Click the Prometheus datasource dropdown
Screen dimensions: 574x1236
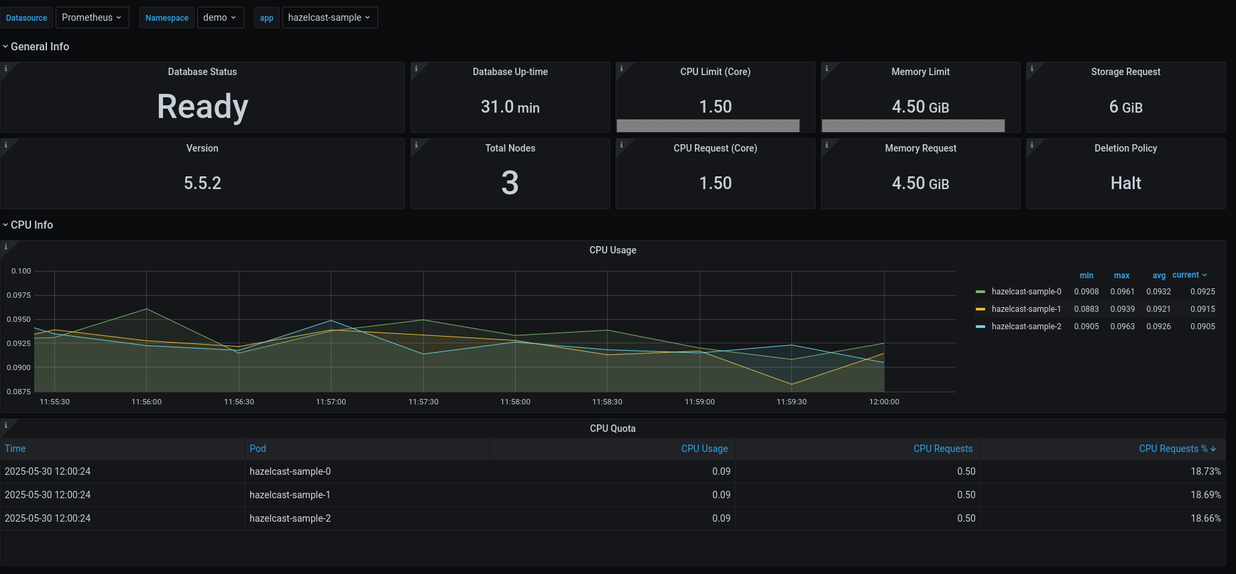91,17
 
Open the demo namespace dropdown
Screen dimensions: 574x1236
219,17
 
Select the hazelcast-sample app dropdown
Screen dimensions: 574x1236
329,17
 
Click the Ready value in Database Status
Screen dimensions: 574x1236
203,107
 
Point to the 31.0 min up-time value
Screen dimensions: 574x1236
510,107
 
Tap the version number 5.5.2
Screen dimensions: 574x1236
203,183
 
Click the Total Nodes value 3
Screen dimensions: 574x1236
510,183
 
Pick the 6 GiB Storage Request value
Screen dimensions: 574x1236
1125,107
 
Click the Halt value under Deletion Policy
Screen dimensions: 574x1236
1125,183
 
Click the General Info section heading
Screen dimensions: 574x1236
40,46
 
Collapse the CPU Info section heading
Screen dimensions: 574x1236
32,225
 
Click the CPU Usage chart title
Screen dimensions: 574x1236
612,250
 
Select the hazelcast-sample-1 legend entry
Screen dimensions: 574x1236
1025,309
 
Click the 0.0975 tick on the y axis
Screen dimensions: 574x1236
19,295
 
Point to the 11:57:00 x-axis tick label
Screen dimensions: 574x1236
331,402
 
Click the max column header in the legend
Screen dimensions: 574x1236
1121,276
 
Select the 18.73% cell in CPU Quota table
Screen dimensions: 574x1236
1205,471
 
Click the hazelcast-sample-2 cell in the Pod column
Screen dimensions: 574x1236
290,518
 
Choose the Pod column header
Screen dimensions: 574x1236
258,449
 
